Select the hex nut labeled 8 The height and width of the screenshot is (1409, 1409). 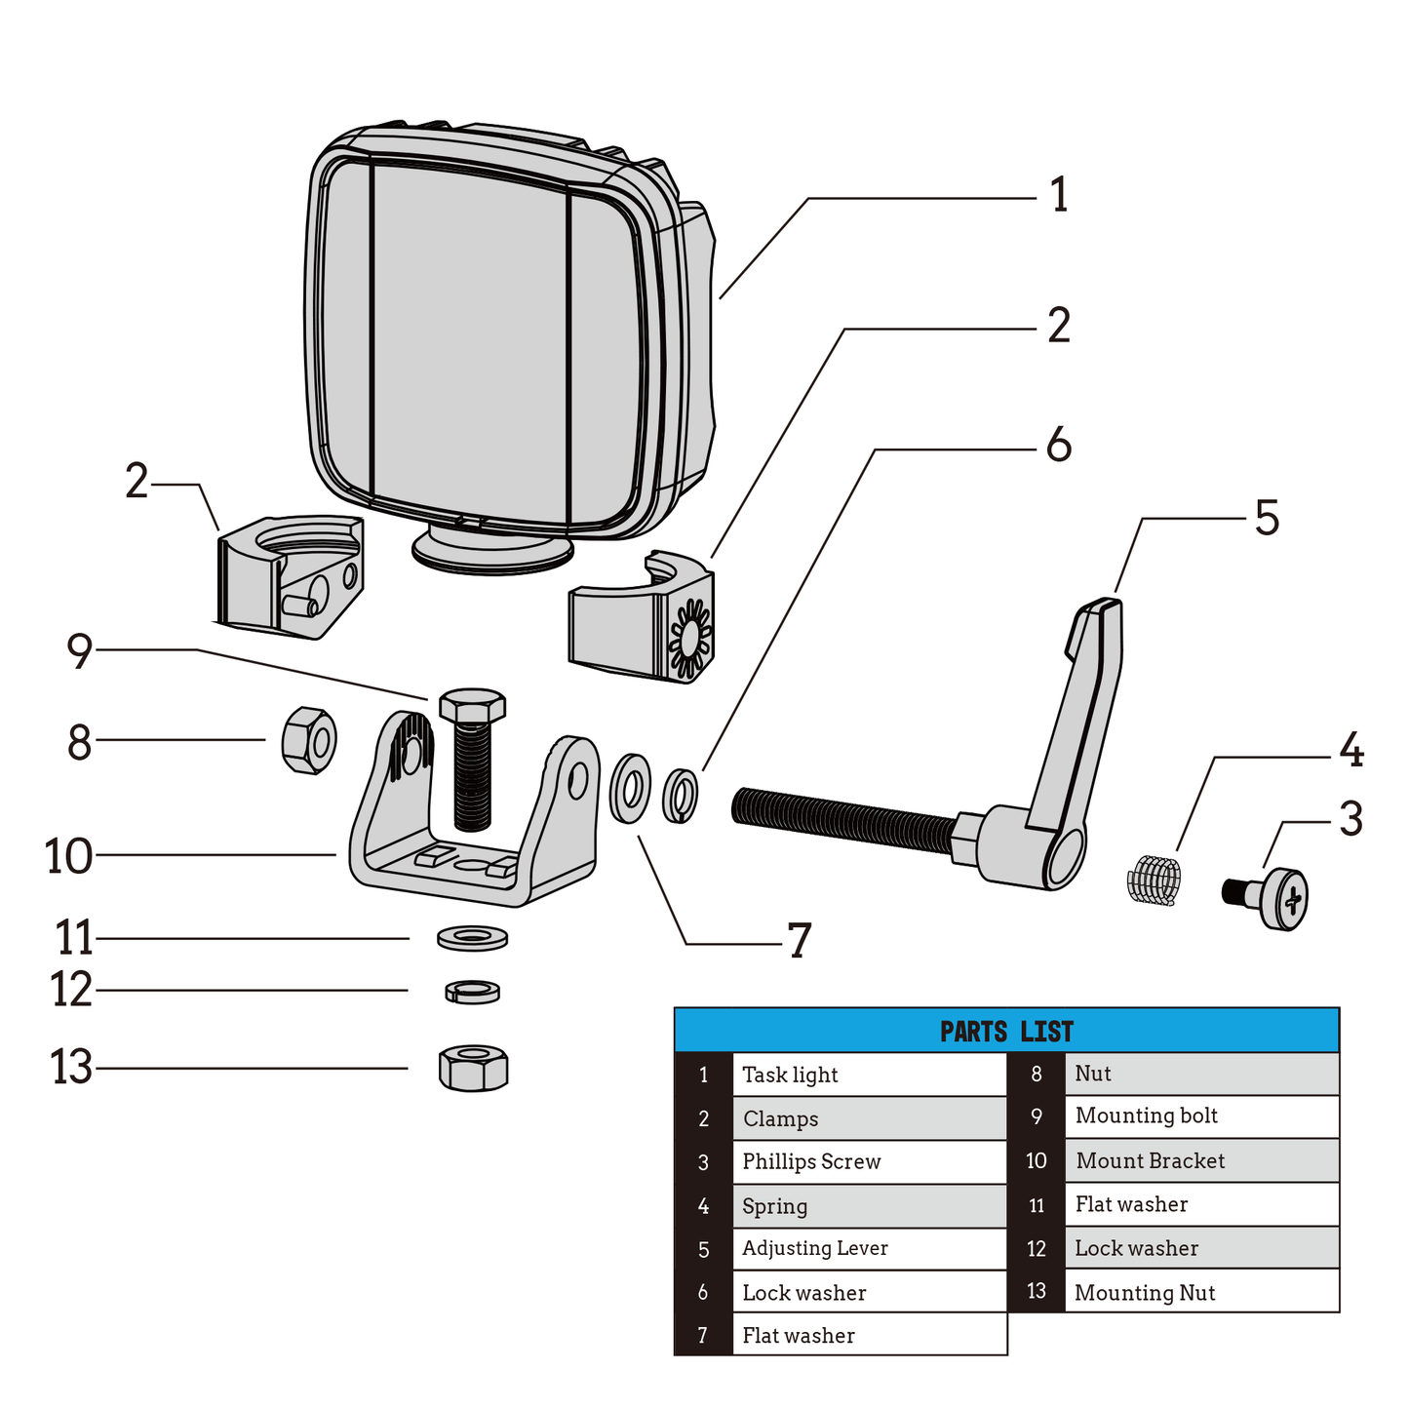(x=309, y=740)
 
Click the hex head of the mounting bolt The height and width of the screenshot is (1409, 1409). (x=472, y=705)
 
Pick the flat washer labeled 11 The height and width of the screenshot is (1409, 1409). (x=472, y=938)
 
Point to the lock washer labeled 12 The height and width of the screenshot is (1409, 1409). (x=472, y=992)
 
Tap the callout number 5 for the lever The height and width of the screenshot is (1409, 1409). (x=1266, y=518)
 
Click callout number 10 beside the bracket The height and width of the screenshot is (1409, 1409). (x=68, y=856)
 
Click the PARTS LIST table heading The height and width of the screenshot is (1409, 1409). (x=1006, y=1031)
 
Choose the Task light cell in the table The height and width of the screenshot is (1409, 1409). (x=868, y=1075)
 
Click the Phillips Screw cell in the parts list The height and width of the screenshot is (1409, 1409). (x=868, y=1161)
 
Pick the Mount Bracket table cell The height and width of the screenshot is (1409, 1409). (x=1201, y=1160)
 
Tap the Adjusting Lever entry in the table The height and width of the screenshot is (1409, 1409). (x=868, y=1248)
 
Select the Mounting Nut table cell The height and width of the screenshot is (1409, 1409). (x=1201, y=1292)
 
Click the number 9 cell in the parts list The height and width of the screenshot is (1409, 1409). (x=1036, y=1116)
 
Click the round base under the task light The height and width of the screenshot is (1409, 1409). (x=491, y=550)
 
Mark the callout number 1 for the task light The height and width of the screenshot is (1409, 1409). (x=1059, y=196)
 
